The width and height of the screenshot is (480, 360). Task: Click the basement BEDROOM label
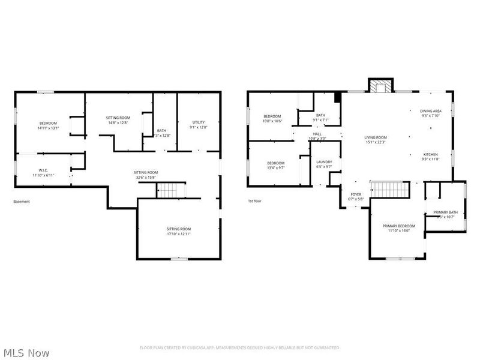[x=48, y=123]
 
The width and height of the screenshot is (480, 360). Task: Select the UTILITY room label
[x=198, y=122]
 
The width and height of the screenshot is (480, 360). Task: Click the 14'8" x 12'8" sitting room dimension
[x=118, y=122]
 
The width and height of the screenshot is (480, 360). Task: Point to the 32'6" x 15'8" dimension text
[x=146, y=177]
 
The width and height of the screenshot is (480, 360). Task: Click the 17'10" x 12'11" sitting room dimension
[x=178, y=233]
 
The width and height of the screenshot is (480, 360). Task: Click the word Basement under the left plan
[x=22, y=202]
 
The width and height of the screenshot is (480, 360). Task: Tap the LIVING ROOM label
[x=376, y=137]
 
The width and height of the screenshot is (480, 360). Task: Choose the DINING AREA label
[x=431, y=111]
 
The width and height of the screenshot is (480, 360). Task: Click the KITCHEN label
[x=431, y=154]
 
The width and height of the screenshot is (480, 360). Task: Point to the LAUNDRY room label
[x=325, y=161]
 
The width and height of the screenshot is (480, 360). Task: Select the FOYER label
[x=356, y=194]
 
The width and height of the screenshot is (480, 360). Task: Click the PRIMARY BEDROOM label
[x=398, y=226]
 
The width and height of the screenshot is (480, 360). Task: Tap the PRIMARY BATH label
[x=445, y=212]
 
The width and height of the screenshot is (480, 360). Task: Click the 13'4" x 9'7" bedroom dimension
[x=275, y=168]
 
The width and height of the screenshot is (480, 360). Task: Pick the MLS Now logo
[x=26, y=353]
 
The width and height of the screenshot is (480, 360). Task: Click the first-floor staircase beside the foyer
[x=389, y=190]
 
